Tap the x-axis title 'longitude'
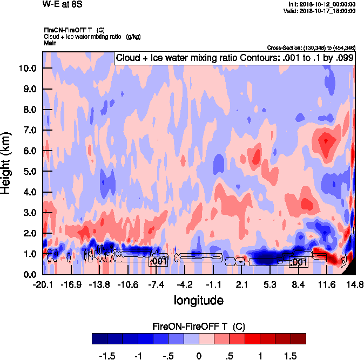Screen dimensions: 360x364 coord(198,300)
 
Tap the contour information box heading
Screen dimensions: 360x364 coord(234,58)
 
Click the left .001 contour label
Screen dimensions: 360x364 coord(159,261)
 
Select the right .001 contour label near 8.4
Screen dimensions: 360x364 coord(299,262)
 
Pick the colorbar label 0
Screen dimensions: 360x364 coord(199,356)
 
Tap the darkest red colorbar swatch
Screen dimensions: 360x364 coord(298,338)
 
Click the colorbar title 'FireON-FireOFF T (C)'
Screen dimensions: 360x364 coord(199,327)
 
